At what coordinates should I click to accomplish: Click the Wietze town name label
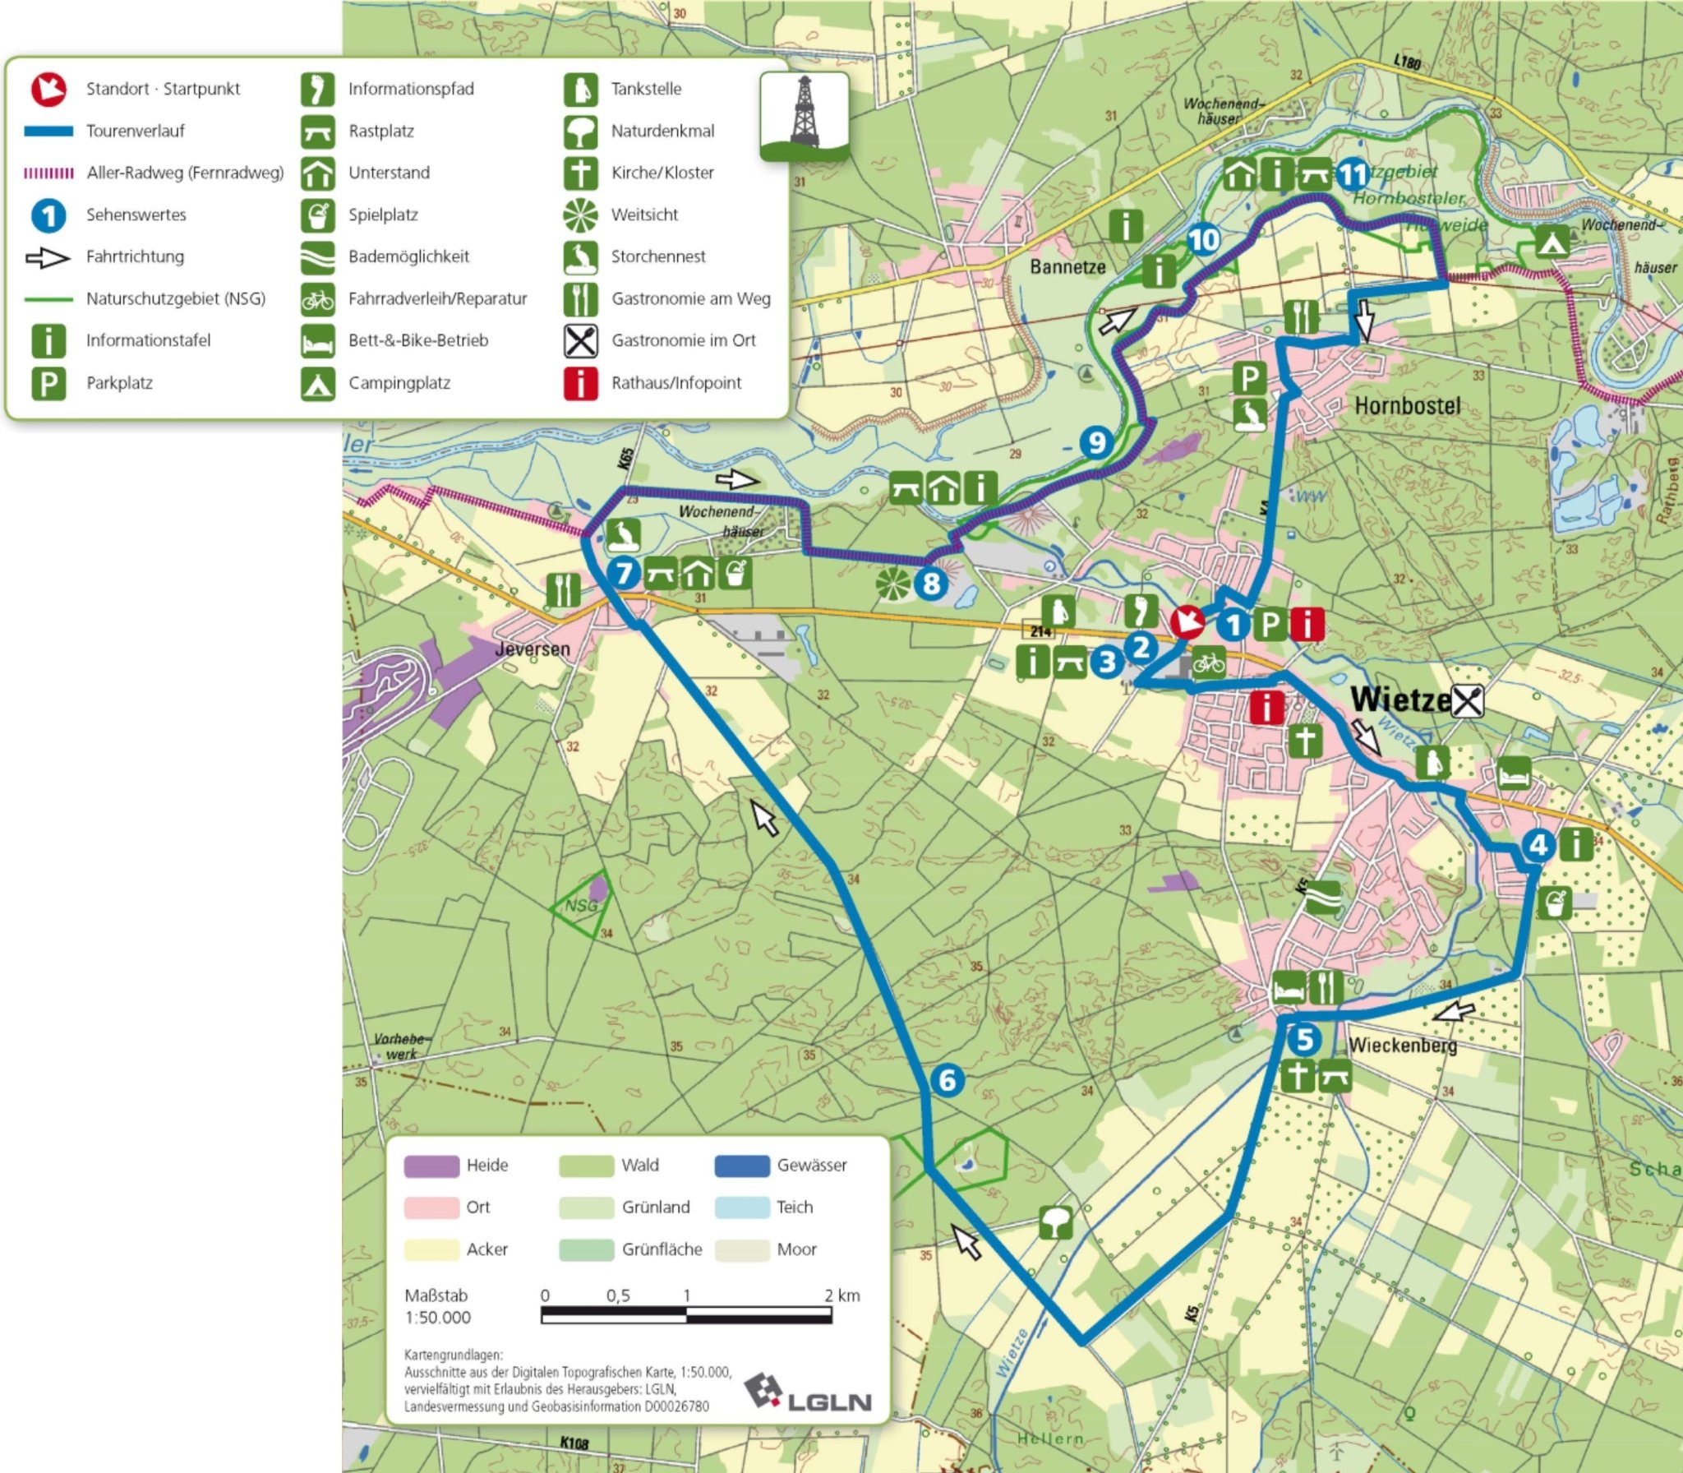pyautogui.click(x=1399, y=700)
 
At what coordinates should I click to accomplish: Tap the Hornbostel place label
pyautogui.click(x=1407, y=405)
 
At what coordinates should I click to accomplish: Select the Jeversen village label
pyautogui.click(x=533, y=649)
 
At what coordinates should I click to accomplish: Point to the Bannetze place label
pyautogui.click(x=1067, y=266)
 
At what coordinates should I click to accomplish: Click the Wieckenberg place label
pyautogui.click(x=1402, y=1046)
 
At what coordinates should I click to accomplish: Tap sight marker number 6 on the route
pyautogui.click(x=947, y=1080)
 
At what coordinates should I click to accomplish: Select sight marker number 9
pyautogui.click(x=1096, y=443)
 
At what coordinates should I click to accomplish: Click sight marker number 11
pyautogui.click(x=1352, y=174)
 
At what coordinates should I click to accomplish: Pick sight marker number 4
pyautogui.click(x=1538, y=845)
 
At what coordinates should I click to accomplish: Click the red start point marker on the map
pyautogui.click(x=1187, y=622)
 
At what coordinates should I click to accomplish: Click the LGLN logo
pyautogui.click(x=807, y=1393)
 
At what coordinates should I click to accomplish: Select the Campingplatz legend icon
pyautogui.click(x=318, y=383)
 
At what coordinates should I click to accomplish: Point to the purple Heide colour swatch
pyautogui.click(x=431, y=1166)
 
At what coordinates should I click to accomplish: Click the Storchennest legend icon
pyautogui.click(x=580, y=256)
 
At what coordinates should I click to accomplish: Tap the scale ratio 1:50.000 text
pyautogui.click(x=437, y=1318)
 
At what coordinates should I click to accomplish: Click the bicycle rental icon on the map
pyautogui.click(x=1209, y=662)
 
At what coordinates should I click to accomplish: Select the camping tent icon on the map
pyautogui.click(x=1551, y=242)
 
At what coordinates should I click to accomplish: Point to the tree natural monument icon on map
pyautogui.click(x=1055, y=1222)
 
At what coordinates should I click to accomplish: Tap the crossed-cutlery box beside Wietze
pyautogui.click(x=1468, y=701)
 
